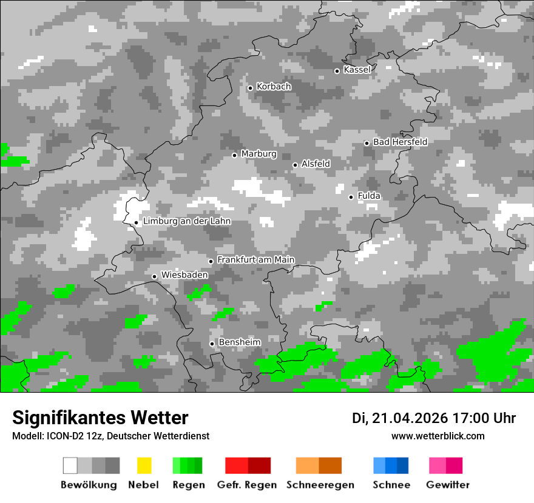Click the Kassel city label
point(357,70)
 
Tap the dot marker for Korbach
point(250,88)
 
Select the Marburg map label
point(259,154)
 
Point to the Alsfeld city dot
point(295,165)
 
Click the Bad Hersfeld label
point(400,142)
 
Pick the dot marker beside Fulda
point(351,197)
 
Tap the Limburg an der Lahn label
point(187,221)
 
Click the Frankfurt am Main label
point(255,260)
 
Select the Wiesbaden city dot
point(155,276)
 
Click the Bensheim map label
point(240,342)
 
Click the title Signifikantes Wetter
point(100,418)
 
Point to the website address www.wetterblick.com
point(438,436)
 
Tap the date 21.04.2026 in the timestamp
point(408,418)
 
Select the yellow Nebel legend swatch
point(144,465)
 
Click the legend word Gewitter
point(448,485)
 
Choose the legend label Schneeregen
point(319,485)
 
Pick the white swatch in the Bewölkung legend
point(70,465)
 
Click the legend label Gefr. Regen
point(247,485)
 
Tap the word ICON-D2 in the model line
point(65,436)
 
